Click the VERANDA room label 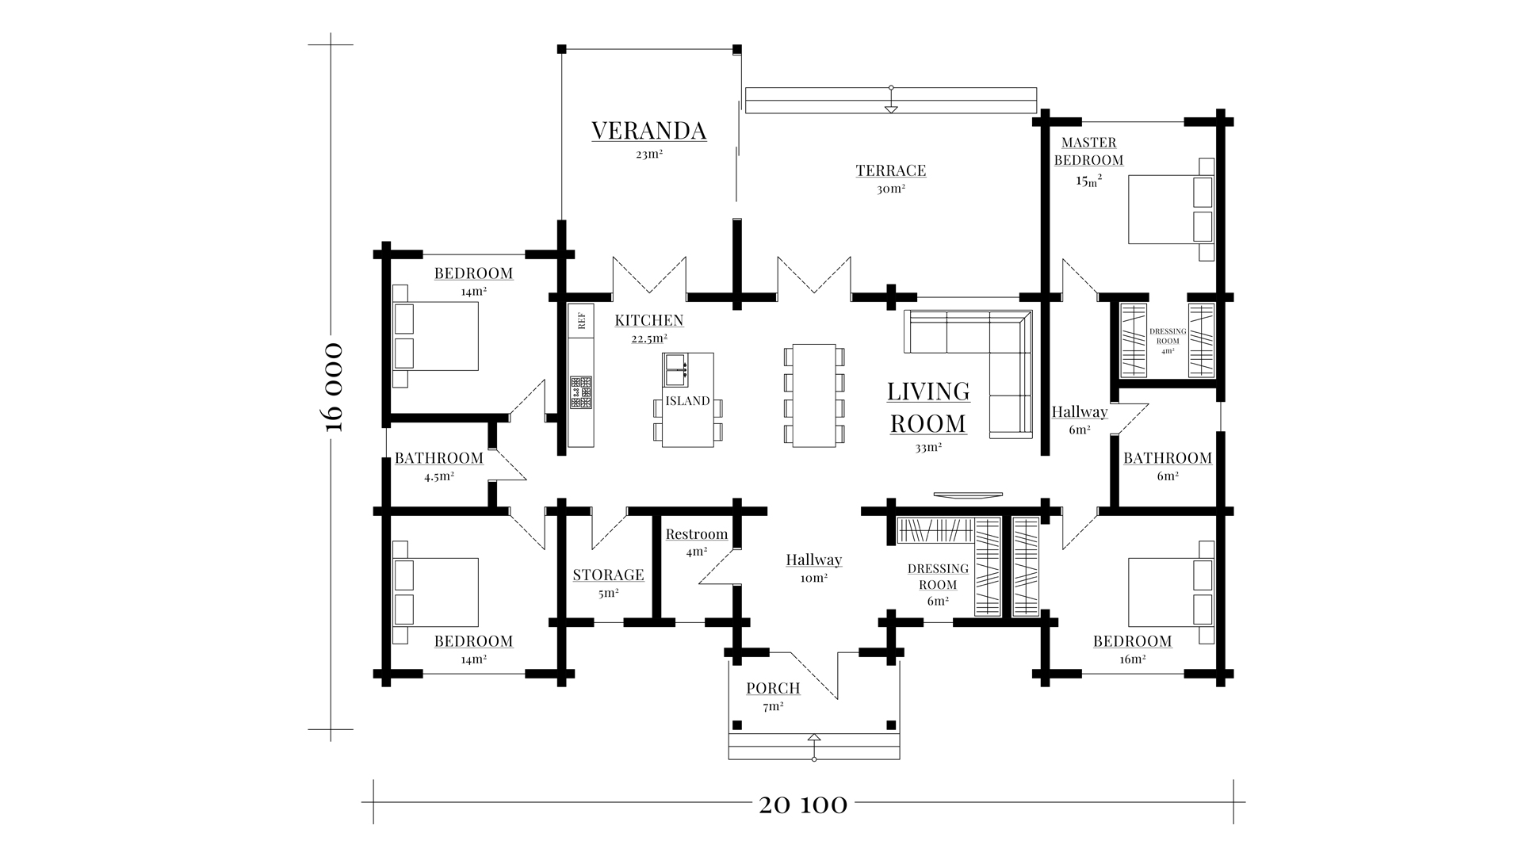pos(648,131)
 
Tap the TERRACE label pos(891,170)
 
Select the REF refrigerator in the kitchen pos(581,320)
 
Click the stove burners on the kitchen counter pos(581,392)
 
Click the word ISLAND pos(687,401)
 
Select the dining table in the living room pos(814,395)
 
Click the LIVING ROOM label pos(928,407)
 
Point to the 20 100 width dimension pos(803,805)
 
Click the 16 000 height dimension pos(335,387)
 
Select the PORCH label pos(773,688)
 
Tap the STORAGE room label pos(609,575)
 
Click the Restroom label pos(697,534)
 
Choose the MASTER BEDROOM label pos(1092,151)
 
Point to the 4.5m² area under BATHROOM pos(439,477)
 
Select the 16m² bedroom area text pos(1132,659)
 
